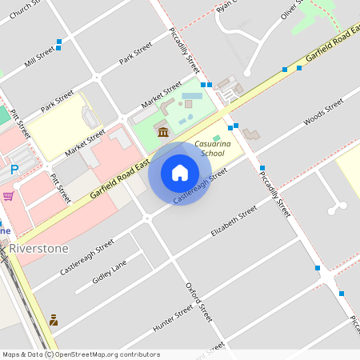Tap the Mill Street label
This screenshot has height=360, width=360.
pyautogui.click(x=39, y=55)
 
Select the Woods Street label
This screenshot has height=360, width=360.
pyautogui.click(x=323, y=113)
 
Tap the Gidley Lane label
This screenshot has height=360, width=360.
pyautogui.click(x=110, y=273)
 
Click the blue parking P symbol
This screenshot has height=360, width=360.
pyautogui.click(x=14, y=170)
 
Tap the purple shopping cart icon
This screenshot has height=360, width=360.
pyautogui.click(x=8, y=195)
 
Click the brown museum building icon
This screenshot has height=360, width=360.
pyautogui.click(x=163, y=131)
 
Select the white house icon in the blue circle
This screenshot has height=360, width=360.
pyautogui.click(x=180, y=173)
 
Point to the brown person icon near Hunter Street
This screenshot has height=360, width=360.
pyautogui.click(x=53, y=320)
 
